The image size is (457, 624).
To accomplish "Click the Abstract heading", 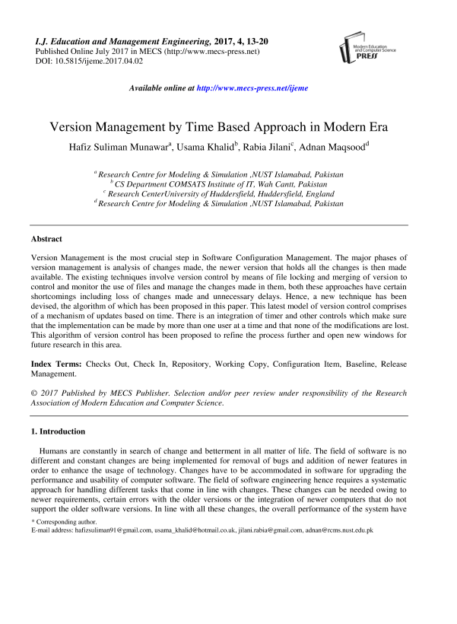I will pyautogui.click(x=46, y=238).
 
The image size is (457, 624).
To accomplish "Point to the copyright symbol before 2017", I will pyautogui.click(x=33, y=393).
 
